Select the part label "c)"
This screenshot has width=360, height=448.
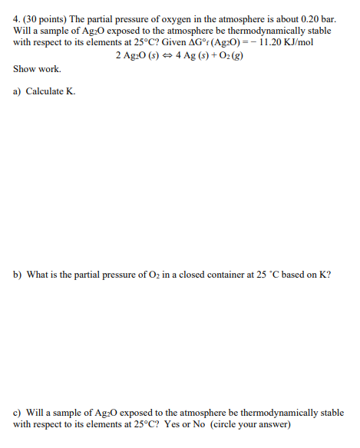(x=17, y=413)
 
